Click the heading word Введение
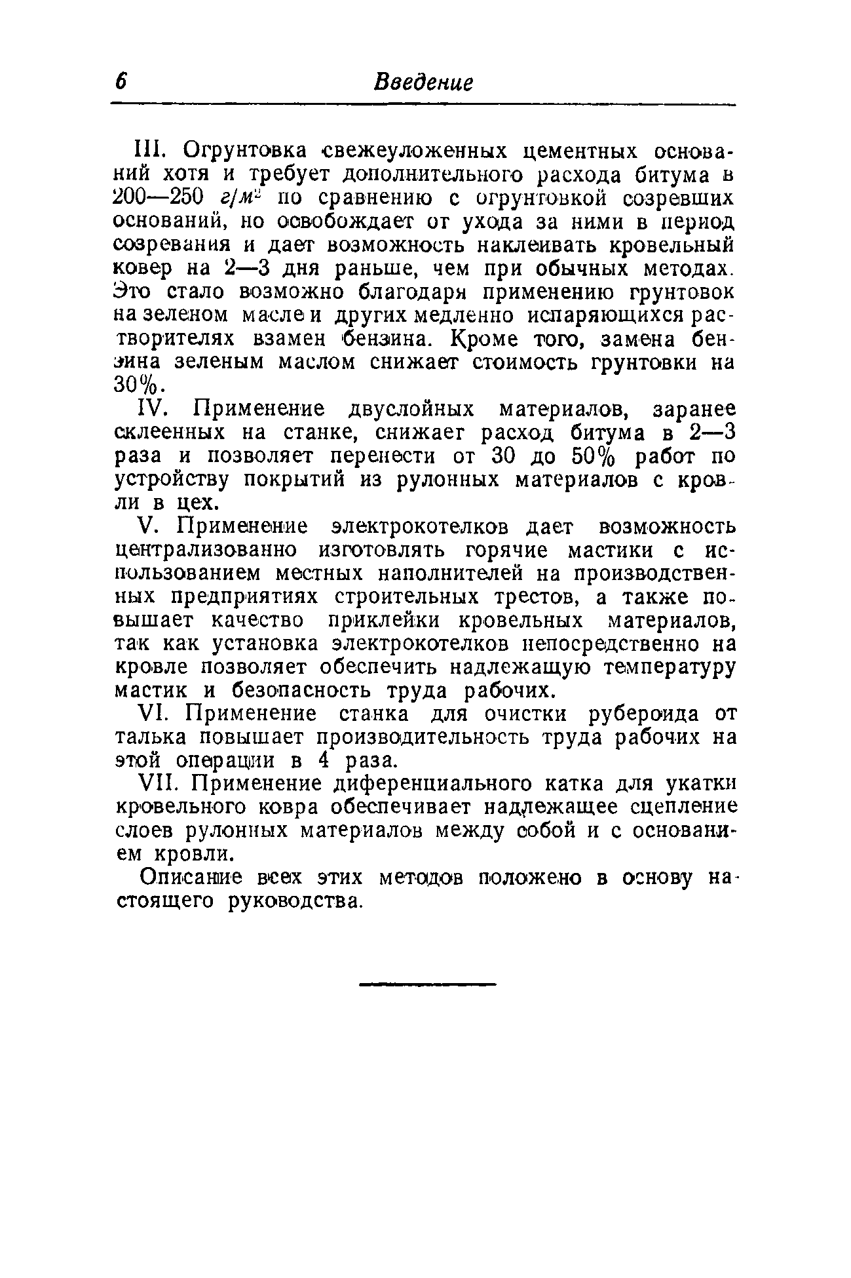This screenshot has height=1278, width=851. tap(423, 83)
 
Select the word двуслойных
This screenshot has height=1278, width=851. tap(409, 409)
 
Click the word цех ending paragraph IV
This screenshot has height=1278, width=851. tap(197, 503)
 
